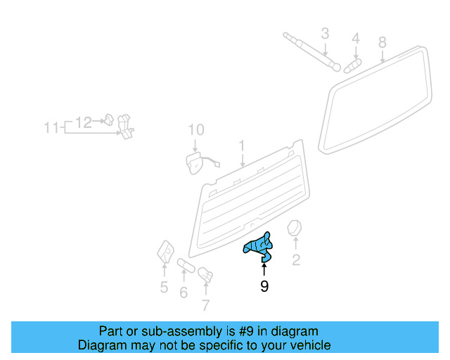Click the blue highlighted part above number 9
[x=258, y=246]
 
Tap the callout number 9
[x=264, y=286]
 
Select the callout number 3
[x=325, y=33]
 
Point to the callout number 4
[x=356, y=38]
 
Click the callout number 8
[x=382, y=42]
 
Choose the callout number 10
[x=196, y=130]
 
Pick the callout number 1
[x=242, y=146]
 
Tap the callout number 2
[x=296, y=262]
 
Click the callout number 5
[x=164, y=287]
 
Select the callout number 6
[x=184, y=292]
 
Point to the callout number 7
[x=205, y=305]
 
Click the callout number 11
[x=51, y=128]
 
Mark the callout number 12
[x=84, y=122]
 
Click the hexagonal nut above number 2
[x=295, y=229]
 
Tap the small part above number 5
[x=166, y=250]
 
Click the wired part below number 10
[x=193, y=163]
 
